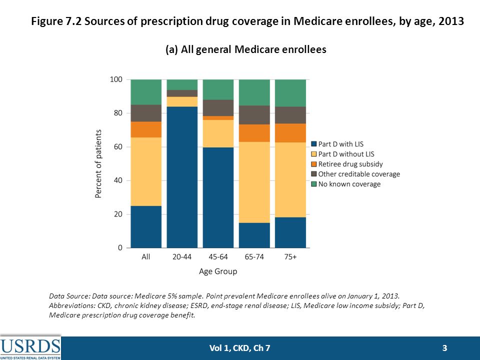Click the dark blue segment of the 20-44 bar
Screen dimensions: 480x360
click(182, 177)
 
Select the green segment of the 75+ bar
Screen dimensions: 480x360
click(290, 93)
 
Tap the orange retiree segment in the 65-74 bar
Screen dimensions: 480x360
click(254, 133)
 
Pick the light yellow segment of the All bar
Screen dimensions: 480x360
click(146, 171)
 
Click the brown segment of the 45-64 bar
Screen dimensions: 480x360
click(218, 108)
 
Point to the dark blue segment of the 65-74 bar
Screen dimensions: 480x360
click(254, 235)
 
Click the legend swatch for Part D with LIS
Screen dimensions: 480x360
click(314, 144)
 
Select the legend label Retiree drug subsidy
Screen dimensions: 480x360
click(350, 164)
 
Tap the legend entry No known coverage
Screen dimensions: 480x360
click(346, 184)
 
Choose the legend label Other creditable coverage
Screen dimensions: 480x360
click(359, 174)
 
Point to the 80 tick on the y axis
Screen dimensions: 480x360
click(116, 113)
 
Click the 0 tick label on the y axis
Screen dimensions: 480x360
click(120, 247)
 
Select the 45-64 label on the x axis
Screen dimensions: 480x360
click(218, 256)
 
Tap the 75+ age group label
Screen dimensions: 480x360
click(290, 256)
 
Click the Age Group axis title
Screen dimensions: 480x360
click(218, 271)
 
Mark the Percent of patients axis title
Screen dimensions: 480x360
click(98, 164)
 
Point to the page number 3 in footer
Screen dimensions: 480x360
click(444, 348)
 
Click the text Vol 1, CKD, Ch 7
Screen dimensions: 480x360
click(239, 348)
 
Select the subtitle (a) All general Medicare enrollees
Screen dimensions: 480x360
click(246, 49)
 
